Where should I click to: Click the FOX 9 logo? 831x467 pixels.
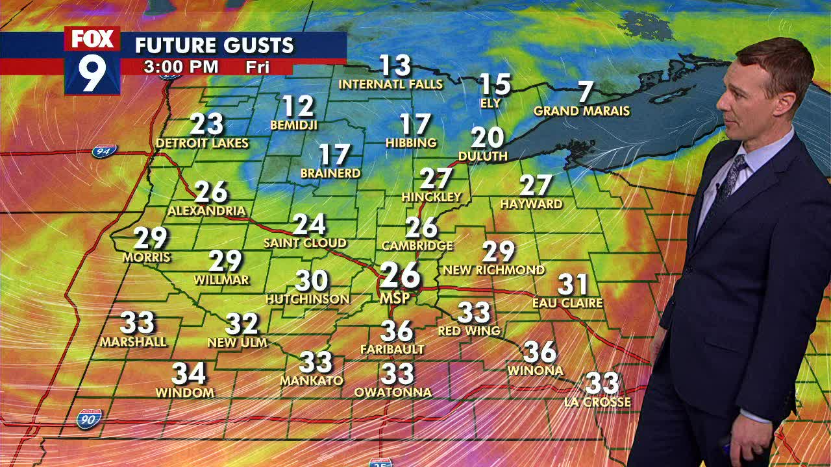(92, 60)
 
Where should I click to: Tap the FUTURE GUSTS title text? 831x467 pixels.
(214, 45)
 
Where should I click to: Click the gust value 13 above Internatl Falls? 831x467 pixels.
(395, 66)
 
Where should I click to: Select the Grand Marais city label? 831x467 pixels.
(582, 112)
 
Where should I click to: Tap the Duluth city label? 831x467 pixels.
(483, 156)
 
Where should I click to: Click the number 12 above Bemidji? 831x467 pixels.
(298, 106)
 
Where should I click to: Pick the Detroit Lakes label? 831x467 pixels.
(203, 143)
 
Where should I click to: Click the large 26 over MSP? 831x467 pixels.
(400, 276)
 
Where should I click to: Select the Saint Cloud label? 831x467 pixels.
(305, 243)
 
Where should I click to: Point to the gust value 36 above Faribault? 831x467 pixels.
(397, 331)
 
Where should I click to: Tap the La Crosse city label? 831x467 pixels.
(597, 402)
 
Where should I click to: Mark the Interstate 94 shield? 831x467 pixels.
(104, 151)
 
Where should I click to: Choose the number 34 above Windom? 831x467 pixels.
(188, 374)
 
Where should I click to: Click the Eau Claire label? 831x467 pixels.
(567, 303)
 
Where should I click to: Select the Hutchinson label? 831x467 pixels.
(308, 299)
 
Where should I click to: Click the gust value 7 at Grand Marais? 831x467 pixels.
(586, 92)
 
